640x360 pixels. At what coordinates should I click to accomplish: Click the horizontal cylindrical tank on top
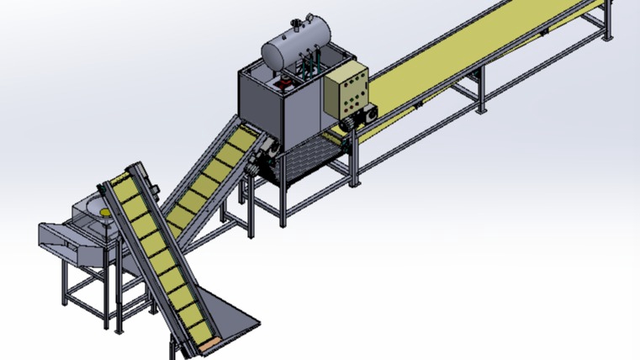point(294,46)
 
